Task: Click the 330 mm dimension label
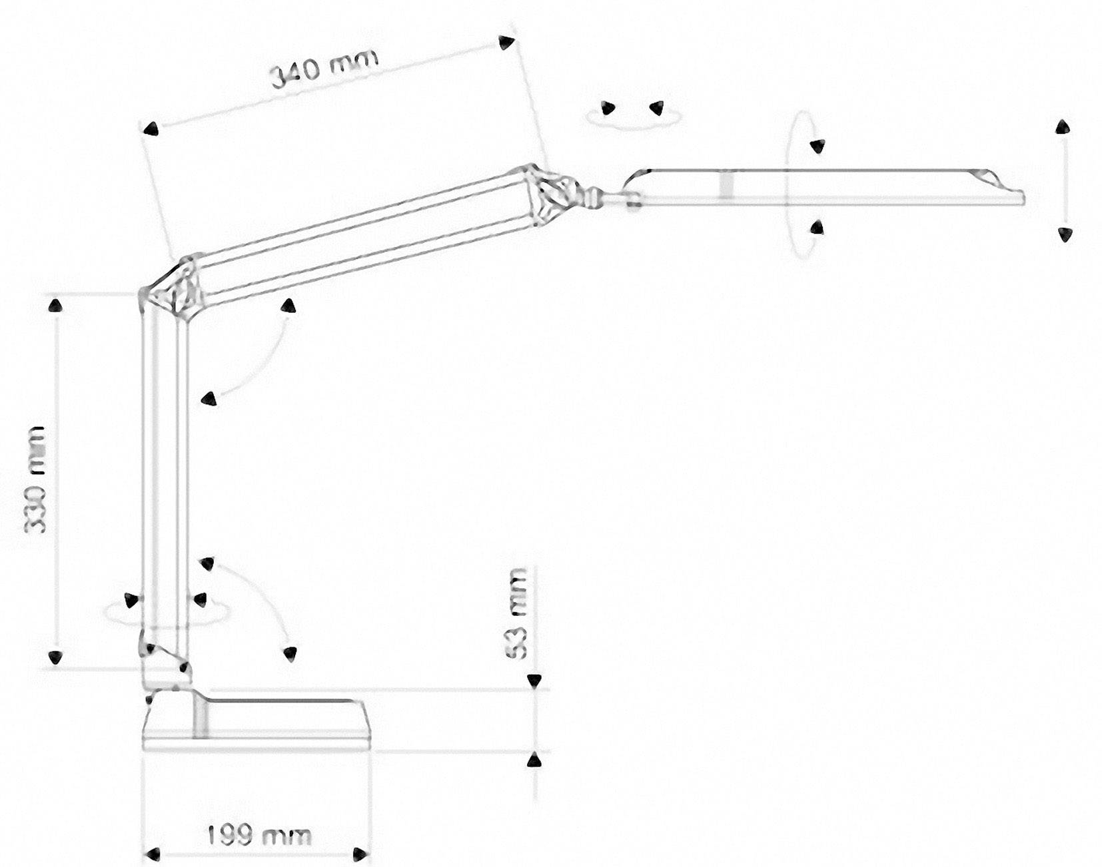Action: click(x=35, y=479)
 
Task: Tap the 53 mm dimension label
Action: click(x=517, y=613)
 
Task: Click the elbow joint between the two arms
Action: click(x=172, y=288)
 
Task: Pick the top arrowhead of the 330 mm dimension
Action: click(x=55, y=306)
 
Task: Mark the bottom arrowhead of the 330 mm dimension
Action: click(x=55, y=658)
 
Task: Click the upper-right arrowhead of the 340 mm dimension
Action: click(x=507, y=43)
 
